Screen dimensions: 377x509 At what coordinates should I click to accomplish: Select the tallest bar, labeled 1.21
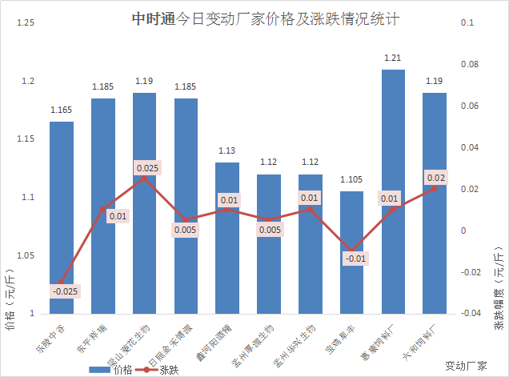click(x=393, y=192)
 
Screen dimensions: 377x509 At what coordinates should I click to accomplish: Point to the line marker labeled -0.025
click(x=62, y=283)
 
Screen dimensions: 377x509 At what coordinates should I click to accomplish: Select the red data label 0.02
click(x=435, y=177)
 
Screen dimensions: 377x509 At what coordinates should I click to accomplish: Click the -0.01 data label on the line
click(x=355, y=258)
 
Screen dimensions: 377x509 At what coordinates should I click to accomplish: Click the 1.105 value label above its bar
click(x=351, y=179)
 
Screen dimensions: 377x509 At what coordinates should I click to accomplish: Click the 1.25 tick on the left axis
click(x=24, y=23)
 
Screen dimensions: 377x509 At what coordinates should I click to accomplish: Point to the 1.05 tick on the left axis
click(x=24, y=255)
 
